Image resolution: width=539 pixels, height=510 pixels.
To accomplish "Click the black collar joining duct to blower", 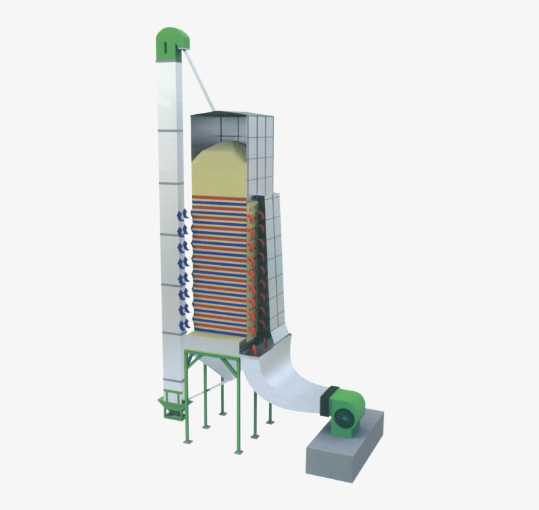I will point(327,399).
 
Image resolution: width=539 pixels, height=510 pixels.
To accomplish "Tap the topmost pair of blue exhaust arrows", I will point(183,215).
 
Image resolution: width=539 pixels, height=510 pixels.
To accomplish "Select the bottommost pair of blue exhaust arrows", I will point(183,324).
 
